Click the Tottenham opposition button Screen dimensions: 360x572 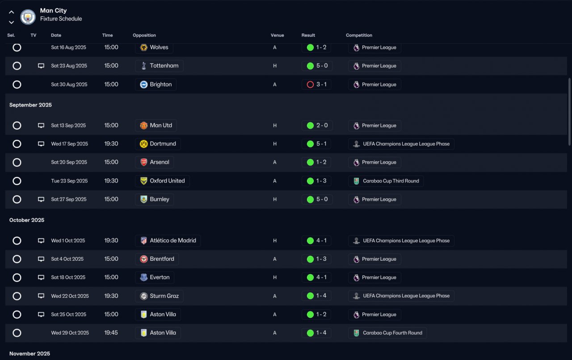159,66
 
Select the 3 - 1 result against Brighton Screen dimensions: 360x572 317,85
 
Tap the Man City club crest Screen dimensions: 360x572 28,17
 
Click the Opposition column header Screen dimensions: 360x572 144,35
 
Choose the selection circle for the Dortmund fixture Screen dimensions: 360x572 17,144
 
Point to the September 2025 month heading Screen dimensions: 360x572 30,105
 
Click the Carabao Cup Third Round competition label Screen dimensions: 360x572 386,181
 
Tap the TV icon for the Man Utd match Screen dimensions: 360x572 41,126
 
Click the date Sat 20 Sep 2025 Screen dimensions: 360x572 69,162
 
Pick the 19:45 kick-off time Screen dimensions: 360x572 111,333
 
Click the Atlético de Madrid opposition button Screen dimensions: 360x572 168,241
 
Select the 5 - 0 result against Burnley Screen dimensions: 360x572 317,199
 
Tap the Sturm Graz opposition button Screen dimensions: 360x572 160,296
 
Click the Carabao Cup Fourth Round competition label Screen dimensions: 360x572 387,333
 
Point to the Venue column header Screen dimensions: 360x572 278,35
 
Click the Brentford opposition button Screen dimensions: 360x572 157,259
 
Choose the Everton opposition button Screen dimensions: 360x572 155,277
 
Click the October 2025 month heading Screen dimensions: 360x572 27,220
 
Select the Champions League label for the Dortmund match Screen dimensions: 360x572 401,144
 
